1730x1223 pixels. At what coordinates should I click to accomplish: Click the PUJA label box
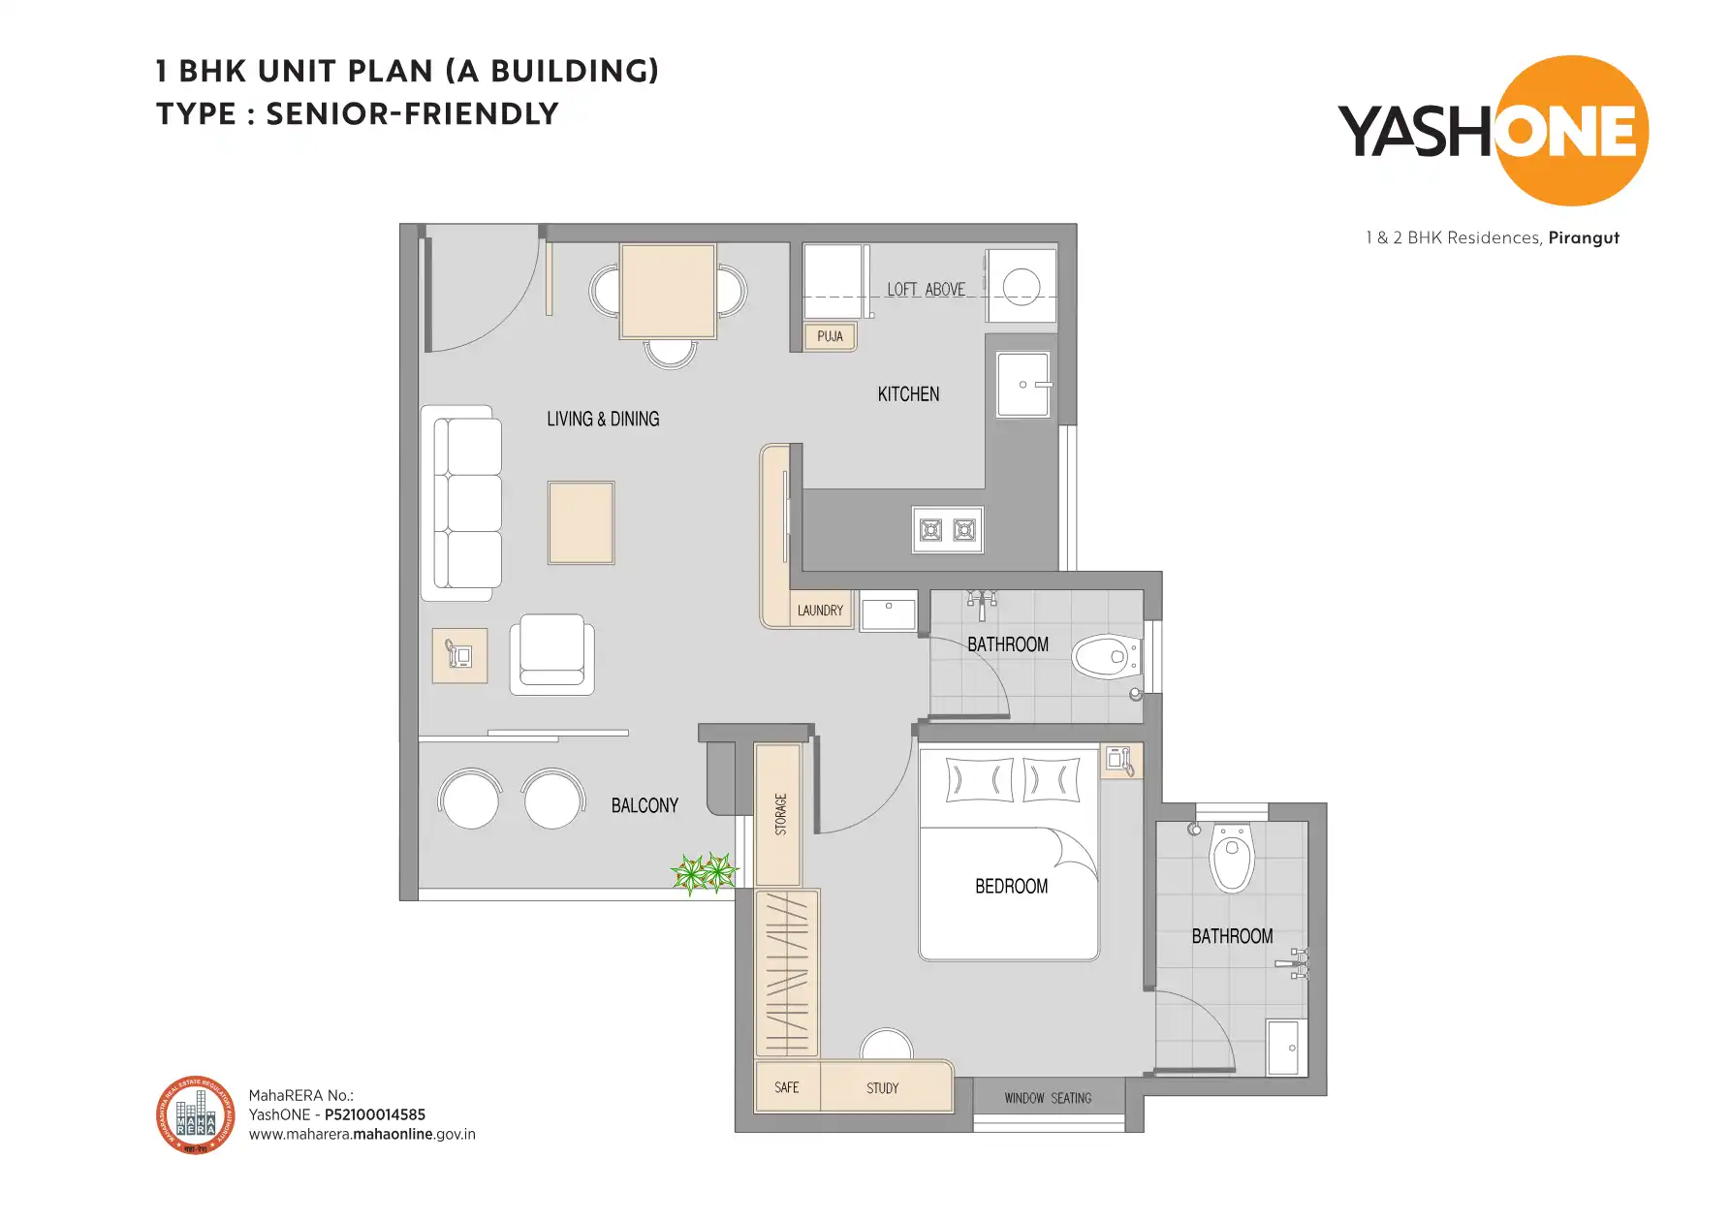click(830, 336)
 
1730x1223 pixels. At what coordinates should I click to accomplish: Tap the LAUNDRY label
click(820, 611)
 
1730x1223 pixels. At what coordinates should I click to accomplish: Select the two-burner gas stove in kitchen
click(947, 530)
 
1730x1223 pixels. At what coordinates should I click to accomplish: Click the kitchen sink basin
click(1022, 385)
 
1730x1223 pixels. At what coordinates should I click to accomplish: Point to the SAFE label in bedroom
click(787, 1087)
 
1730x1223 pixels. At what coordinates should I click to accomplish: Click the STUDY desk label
click(882, 1088)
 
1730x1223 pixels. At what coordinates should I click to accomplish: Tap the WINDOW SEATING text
click(1048, 1098)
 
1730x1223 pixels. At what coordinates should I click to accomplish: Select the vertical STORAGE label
click(780, 814)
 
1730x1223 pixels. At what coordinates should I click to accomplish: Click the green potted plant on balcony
click(705, 873)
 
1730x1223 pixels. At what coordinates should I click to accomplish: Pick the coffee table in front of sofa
click(581, 522)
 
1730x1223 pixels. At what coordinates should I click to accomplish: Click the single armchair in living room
click(551, 654)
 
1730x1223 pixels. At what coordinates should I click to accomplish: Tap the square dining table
click(668, 291)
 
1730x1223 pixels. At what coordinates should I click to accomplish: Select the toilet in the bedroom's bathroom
click(1232, 858)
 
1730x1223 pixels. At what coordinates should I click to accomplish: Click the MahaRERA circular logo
click(196, 1115)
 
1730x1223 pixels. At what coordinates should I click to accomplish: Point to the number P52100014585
click(374, 1114)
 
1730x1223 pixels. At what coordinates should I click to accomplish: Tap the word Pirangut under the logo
click(1584, 237)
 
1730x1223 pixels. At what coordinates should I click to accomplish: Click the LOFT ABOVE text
click(926, 290)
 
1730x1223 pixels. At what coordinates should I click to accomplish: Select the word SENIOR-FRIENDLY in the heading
click(412, 114)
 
